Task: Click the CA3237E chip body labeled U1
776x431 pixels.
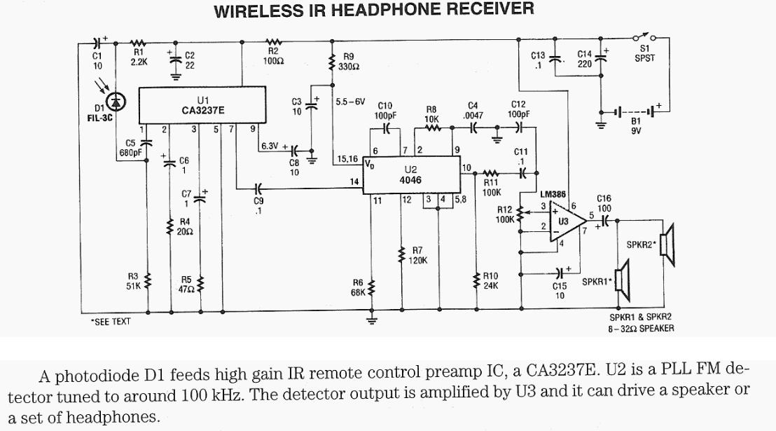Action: pos(202,105)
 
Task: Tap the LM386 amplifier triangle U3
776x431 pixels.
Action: pos(564,222)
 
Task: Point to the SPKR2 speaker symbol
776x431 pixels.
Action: pos(667,245)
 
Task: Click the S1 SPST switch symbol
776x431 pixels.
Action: pos(642,37)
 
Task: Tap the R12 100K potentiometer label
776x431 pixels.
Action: pos(504,214)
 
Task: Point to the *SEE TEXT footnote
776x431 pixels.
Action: pos(111,322)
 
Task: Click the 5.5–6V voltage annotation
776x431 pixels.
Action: pos(350,101)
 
